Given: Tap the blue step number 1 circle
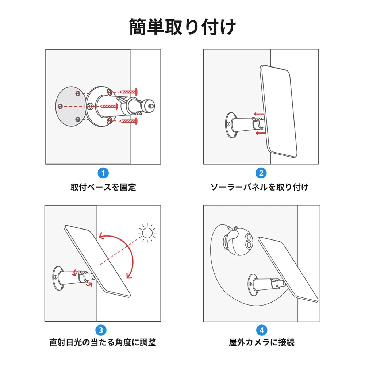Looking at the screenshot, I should (103, 173).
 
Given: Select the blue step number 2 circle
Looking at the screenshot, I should (261, 173).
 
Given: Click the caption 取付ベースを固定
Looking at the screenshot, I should (103, 187).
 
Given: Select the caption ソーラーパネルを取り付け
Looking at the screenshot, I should (260, 187).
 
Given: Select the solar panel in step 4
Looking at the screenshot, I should (288, 268).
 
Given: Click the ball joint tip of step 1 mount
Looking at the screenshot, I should (149, 105).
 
